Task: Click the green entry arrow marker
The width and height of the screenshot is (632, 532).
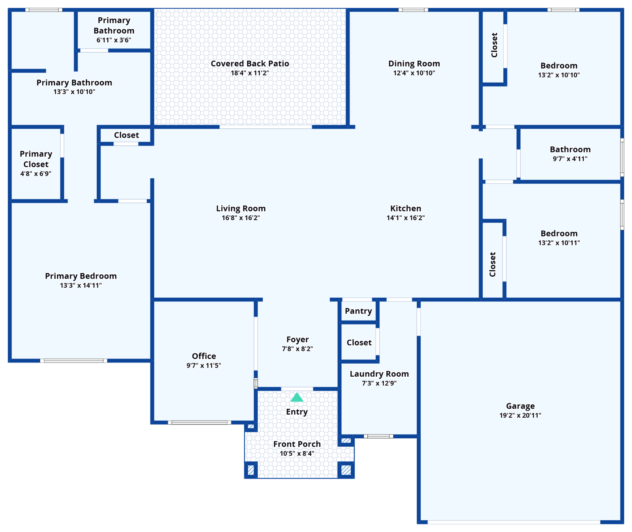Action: [x=297, y=397]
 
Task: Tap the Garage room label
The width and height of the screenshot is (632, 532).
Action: [x=520, y=406]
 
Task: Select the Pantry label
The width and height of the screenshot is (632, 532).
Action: [x=358, y=311]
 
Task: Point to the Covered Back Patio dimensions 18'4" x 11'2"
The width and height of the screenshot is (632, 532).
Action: [x=250, y=73]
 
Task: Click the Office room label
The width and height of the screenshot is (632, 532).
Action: [x=204, y=356]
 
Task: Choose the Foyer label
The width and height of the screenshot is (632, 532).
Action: [x=297, y=340]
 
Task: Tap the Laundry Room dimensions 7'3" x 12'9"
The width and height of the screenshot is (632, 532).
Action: [x=379, y=383]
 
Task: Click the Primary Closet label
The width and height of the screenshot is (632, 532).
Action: [x=36, y=159]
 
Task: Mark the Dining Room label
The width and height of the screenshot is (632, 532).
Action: [x=414, y=64]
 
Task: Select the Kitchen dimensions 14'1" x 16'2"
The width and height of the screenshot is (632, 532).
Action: [x=406, y=218]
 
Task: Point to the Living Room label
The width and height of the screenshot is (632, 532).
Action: [x=241, y=208]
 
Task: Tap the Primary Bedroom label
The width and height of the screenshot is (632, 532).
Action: [x=81, y=276]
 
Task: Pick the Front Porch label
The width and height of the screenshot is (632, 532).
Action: [x=297, y=444]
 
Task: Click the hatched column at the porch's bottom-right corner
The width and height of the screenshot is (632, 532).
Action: [x=346, y=470]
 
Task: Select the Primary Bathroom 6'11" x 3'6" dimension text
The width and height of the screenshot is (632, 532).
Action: [x=114, y=40]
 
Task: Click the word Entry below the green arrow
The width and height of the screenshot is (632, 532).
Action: [x=297, y=412]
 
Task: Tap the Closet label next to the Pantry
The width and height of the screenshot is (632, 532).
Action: [x=359, y=343]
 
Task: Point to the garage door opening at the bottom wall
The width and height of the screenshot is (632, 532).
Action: [x=514, y=522]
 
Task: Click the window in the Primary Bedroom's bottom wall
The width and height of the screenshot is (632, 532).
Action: [x=73, y=360]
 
